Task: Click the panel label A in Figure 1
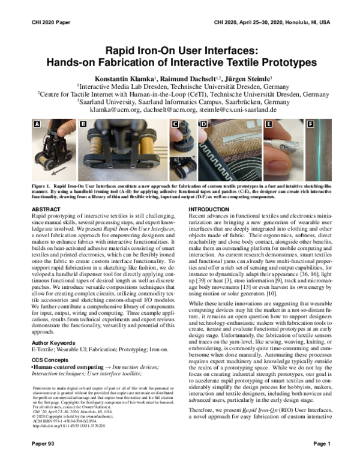click(37, 125)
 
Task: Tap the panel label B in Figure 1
click(83, 125)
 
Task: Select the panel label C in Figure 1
click(175, 125)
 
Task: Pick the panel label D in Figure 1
click(203, 125)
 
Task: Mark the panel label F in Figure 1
click(310, 125)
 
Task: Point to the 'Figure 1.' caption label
click(41, 187)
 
